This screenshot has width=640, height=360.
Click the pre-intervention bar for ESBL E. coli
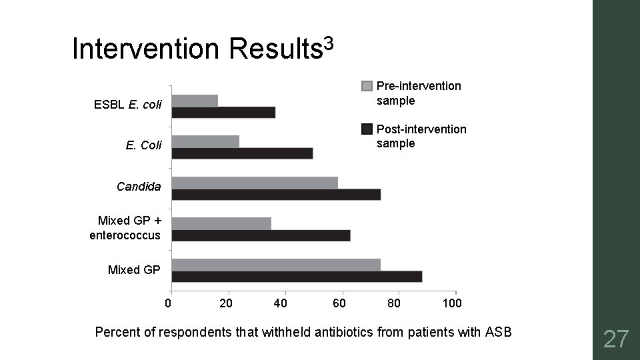(195, 101)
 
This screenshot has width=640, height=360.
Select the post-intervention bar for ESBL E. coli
(223, 113)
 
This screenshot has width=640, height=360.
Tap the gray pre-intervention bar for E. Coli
(205, 141)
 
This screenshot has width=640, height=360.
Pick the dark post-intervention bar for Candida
(276, 194)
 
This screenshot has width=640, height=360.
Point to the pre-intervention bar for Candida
(255, 183)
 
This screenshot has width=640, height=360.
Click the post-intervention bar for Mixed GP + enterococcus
(261, 235)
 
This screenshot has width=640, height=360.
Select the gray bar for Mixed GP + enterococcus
(221, 223)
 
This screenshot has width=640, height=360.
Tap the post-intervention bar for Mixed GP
(297, 277)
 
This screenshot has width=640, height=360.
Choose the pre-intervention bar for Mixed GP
(276, 265)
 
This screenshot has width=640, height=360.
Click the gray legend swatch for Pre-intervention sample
(367, 86)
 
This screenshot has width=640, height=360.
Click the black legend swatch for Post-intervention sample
(367, 129)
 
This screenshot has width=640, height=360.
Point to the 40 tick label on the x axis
(281, 304)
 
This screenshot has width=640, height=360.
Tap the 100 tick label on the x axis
(452, 304)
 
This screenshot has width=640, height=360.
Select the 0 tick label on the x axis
(168, 304)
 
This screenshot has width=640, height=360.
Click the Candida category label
(139, 187)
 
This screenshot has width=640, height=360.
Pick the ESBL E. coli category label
(128, 105)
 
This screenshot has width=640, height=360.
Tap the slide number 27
(615, 339)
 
